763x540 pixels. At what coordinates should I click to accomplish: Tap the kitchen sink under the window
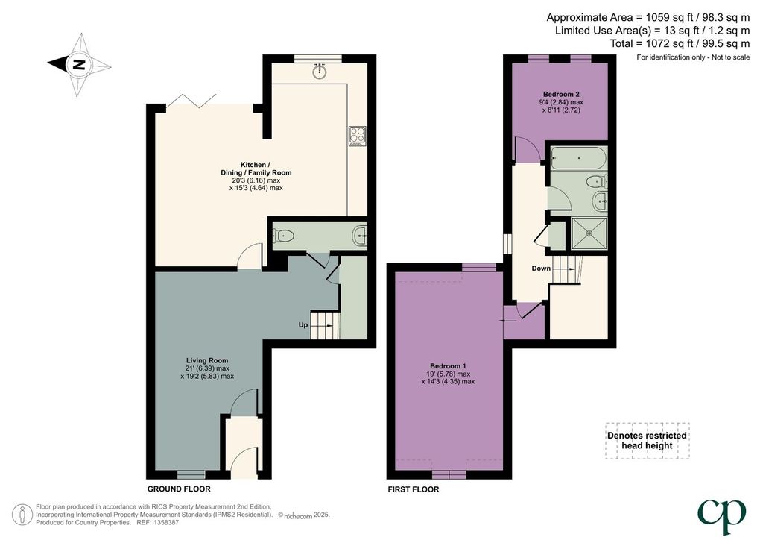point(319,71)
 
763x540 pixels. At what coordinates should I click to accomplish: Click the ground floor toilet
point(284,236)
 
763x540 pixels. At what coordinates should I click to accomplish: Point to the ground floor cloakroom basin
point(361,236)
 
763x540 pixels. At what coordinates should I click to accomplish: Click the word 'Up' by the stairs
point(303,324)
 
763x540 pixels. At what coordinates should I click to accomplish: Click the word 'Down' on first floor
point(541,269)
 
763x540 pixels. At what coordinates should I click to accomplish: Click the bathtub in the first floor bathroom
point(578,159)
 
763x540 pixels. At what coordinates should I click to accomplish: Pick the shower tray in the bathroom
point(590,233)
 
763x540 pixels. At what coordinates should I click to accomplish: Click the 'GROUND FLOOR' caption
point(179,489)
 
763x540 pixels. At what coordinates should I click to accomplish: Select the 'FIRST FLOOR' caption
point(413,489)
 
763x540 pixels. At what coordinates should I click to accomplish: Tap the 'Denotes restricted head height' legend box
point(648,441)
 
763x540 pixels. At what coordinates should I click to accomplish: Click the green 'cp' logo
point(721,517)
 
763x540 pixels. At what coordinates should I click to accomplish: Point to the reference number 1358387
point(166,522)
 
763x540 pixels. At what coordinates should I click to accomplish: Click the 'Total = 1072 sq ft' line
point(680,44)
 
